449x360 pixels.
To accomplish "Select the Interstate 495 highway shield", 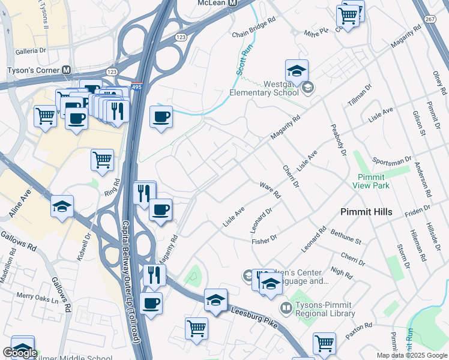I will [136, 86].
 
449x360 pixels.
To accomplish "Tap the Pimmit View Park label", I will [373, 181].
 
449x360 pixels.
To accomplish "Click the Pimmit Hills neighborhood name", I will [366, 212].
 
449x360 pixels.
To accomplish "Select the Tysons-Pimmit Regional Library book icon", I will [286, 308].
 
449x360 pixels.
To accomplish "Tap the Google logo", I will [20, 353].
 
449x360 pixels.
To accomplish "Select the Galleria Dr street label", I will [26, 51].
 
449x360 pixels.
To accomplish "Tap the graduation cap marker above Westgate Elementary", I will [297, 72].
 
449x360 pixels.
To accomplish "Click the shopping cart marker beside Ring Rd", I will [103, 160].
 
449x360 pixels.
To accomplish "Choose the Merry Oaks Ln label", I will [35, 296].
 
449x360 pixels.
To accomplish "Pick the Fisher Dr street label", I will [264, 238].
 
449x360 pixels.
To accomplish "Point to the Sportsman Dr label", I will [391, 162].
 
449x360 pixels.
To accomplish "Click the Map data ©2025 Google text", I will [412, 355].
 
